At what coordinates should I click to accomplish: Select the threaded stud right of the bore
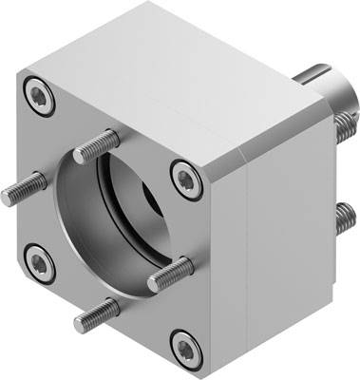(x=172, y=273)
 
